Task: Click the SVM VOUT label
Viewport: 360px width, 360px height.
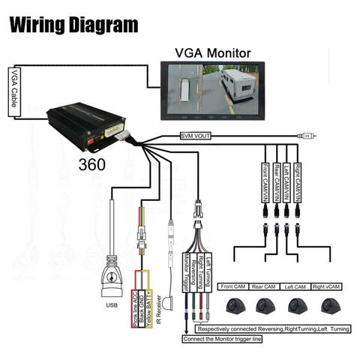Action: point(197,135)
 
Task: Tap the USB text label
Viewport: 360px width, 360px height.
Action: point(112,304)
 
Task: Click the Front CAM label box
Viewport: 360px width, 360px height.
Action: point(234,286)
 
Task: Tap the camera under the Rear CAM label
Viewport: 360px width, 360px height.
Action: point(265,305)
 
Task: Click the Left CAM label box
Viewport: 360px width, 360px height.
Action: point(297,286)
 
